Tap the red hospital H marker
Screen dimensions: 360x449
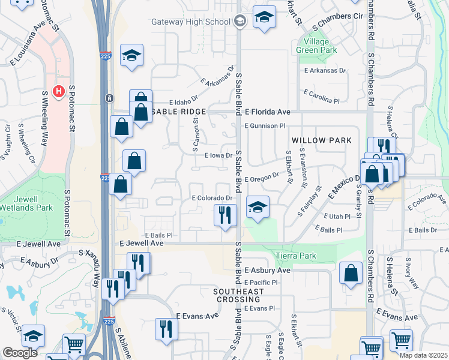pyautogui.click(x=59, y=92)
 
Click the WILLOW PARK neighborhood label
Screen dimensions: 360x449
pyautogui.click(x=321, y=140)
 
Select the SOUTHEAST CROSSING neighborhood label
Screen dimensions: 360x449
pyautogui.click(x=238, y=295)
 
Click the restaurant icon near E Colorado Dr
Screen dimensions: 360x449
pyautogui.click(x=226, y=214)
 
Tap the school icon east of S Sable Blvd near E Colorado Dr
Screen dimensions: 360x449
pyautogui.click(x=258, y=208)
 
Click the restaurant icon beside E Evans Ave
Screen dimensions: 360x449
pyautogui.click(x=166, y=328)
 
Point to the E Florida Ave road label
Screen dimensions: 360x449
pyautogui.click(x=267, y=112)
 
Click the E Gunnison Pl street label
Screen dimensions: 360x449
pyautogui.click(x=265, y=125)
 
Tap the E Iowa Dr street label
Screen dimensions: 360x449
pyautogui.click(x=218, y=155)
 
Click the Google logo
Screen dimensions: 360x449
pyautogui.click(x=20, y=353)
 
